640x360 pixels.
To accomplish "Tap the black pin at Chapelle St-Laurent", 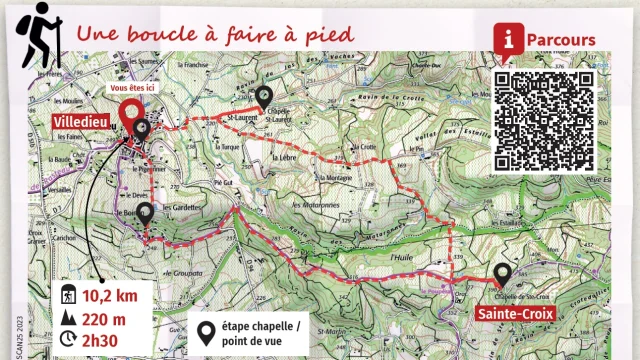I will pos(264,97).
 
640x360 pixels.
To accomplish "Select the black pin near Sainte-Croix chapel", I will pos(502,274).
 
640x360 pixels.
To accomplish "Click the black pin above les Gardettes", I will pos(145,213).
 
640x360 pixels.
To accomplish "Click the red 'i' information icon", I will pos(512,39).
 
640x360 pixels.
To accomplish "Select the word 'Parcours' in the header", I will pos(562,40).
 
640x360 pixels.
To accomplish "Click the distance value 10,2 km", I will pos(104,295).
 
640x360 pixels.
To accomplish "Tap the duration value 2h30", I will pos(99,339).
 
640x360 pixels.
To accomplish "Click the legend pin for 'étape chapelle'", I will pos(207,333).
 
